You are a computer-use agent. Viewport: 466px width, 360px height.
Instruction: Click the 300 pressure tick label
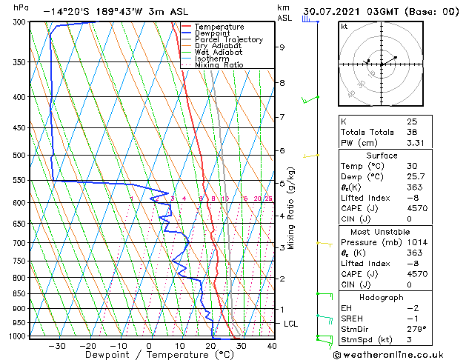click(x=20, y=22)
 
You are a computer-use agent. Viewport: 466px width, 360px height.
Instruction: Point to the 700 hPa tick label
click(x=20, y=243)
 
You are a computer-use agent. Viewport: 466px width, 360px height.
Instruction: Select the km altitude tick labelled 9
click(x=282, y=47)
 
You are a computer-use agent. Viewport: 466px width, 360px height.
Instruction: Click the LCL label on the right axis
click(x=292, y=324)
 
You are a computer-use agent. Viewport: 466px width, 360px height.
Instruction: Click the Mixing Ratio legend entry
click(x=219, y=64)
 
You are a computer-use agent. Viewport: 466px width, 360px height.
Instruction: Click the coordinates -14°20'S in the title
click(x=66, y=11)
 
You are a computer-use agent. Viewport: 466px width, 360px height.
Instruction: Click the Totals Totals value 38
click(x=412, y=132)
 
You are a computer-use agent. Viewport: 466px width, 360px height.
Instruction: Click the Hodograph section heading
click(x=382, y=297)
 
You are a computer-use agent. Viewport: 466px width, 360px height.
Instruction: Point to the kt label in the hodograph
click(x=344, y=26)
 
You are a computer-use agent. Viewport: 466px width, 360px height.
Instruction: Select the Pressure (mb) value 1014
click(x=416, y=241)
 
